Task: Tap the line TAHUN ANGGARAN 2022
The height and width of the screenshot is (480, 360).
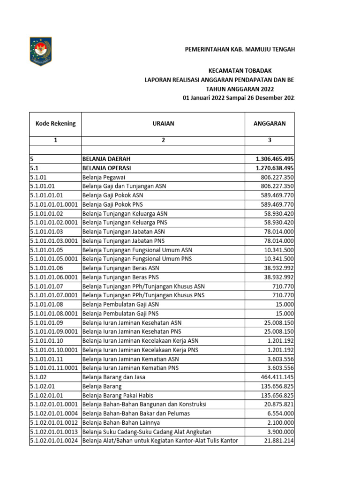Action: point(240,89)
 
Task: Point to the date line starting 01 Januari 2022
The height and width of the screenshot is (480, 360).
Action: point(239,97)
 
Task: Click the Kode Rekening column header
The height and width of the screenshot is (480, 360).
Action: point(55,124)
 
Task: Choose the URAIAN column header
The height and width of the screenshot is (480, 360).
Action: point(163,124)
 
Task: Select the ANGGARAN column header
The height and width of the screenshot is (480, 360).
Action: point(270,124)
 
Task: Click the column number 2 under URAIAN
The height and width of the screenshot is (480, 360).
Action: point(163,140)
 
